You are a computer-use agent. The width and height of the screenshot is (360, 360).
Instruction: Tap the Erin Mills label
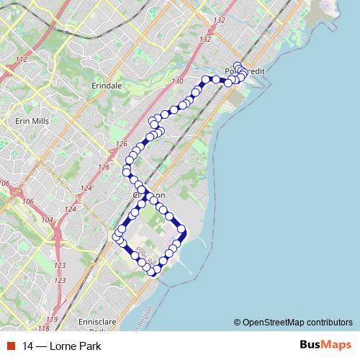[32, 121]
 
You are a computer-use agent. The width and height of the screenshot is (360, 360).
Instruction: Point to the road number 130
[177, 82]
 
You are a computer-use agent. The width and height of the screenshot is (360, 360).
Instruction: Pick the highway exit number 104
[48, 220]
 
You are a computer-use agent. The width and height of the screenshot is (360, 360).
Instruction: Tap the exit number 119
[53, 319]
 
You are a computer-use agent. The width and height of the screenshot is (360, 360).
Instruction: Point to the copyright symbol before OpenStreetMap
[237, 322]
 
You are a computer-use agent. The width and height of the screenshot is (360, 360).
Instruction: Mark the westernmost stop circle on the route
[116, 236]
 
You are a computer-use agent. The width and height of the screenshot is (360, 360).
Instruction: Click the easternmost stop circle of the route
[244, 71]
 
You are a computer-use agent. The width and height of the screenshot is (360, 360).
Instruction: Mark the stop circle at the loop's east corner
[182, 231]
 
